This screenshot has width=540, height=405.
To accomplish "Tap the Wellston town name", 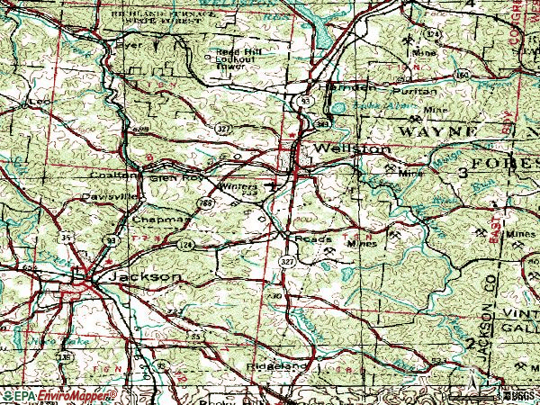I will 352,148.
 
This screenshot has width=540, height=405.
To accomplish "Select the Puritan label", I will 414,92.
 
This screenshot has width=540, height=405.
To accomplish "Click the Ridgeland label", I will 278,367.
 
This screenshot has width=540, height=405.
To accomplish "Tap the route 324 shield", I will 435,34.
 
